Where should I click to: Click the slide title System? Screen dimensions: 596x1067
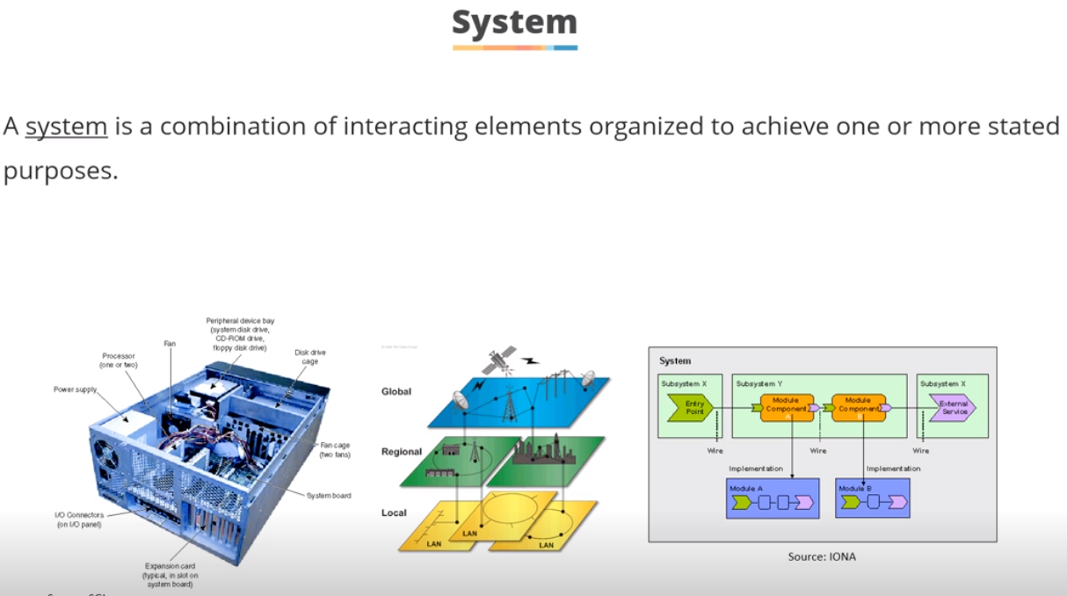coord(514,22)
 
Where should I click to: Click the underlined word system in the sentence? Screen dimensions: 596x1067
coord(66,127)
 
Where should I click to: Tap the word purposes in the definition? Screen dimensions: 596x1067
coord(60,171)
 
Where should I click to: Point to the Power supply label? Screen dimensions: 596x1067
coord(76,389)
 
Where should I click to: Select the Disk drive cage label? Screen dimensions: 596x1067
coord(310,357)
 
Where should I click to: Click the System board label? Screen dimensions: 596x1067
coord(329,496)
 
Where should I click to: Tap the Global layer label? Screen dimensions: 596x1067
coord(396,391)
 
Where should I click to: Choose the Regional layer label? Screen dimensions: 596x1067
coord(402,452)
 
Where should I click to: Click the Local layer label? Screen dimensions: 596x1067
coord(394,512)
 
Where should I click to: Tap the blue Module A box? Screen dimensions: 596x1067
coord(773,498)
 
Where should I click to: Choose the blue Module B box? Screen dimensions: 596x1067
coord(872,498)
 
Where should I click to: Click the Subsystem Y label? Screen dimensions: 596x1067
coord(759,384)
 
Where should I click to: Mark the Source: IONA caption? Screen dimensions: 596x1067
coord(822,556)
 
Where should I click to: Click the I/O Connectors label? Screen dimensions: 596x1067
coord(79,520)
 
